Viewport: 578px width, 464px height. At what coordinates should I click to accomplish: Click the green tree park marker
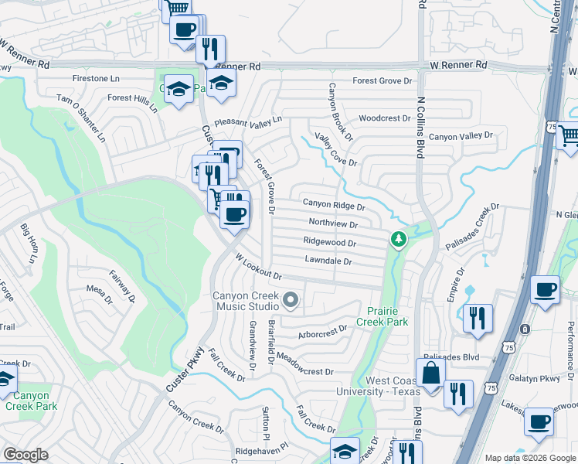click(x=398, y=240)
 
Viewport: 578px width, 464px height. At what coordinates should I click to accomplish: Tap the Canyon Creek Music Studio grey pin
click(x=291, y=299)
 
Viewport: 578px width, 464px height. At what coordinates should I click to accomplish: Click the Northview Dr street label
click(x=332, y=224)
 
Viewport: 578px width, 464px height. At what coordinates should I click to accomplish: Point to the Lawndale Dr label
click(x=328, y=261)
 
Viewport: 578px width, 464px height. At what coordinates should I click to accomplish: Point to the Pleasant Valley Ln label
click(x=248, y=122)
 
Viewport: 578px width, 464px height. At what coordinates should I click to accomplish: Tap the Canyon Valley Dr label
click(x=461, y=136)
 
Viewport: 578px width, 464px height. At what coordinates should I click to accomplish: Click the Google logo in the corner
click(x=25, y=455)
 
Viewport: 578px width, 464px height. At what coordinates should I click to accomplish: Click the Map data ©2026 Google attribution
click(x=529, y=458)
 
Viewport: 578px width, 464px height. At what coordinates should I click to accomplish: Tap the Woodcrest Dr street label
click(x=385, y=118)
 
